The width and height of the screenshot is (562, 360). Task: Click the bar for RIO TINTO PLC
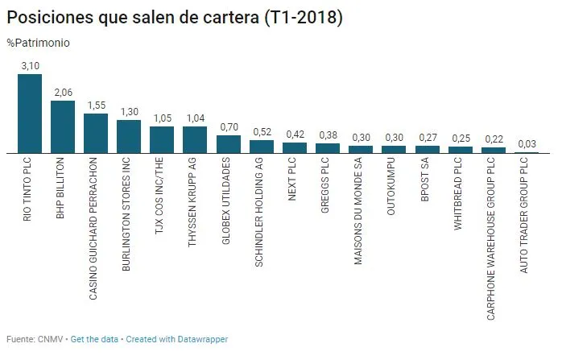click(30, 114)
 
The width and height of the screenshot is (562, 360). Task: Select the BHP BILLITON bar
click(63, 127)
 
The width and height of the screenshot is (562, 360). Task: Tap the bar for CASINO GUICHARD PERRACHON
click(96, 134)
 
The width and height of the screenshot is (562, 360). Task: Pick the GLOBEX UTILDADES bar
click(229, 144)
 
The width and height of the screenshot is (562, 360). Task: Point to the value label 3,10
click(30, 66)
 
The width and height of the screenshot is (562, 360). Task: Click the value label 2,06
click(63, 93)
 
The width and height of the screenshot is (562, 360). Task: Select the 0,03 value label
click(527, 143)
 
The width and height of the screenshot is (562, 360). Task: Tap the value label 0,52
click(262, 132)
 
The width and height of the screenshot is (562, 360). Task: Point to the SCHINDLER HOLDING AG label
click(262, 210)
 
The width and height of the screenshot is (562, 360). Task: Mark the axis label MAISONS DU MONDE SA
click(361, 213)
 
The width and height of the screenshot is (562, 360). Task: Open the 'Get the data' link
click(95, 339)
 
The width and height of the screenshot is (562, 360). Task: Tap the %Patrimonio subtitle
click(38, 43)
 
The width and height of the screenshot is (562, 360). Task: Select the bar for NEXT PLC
click(295, 147)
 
